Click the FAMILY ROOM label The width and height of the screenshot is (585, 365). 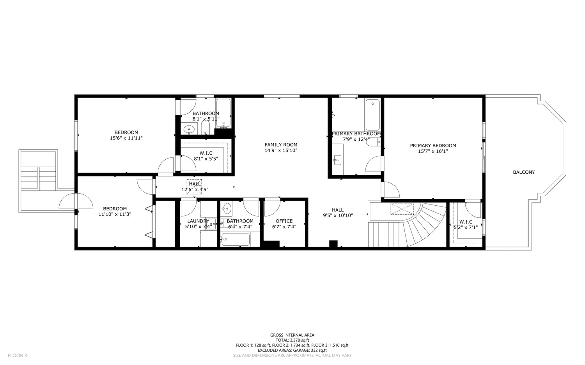click(x=281, y=145)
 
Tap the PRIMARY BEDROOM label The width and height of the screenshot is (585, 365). click(x=433, y=146)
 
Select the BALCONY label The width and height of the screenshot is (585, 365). click(x=523, y=172)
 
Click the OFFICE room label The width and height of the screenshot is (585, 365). click(x=284, y=221)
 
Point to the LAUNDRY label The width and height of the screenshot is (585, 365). click(x=198, y=221)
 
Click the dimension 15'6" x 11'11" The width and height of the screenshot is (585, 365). click(x=126, y=138)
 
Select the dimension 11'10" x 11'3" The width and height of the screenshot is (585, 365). click(x=115, y=214)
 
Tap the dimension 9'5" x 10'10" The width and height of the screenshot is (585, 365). click(x=338, y=215)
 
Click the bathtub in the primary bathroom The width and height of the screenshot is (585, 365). click(x=372, y=115)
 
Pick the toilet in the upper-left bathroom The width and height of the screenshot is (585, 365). click(x=206, y=127)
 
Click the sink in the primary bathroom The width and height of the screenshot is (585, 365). click(x=338, y=160)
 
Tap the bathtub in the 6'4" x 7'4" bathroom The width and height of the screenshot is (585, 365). click(x=235, y=240)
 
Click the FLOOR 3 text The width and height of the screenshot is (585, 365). click(x=18, y=355)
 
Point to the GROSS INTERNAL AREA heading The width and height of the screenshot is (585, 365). click(x=292, y=335)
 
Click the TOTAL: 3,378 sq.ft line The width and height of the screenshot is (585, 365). click(x=292, y=340)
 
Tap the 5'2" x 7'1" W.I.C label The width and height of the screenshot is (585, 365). click(x=466, y=224)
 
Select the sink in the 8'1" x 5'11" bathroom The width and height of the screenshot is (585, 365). click(x=190, y=129)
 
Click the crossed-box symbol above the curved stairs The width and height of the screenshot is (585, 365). click(x=402, y=209)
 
